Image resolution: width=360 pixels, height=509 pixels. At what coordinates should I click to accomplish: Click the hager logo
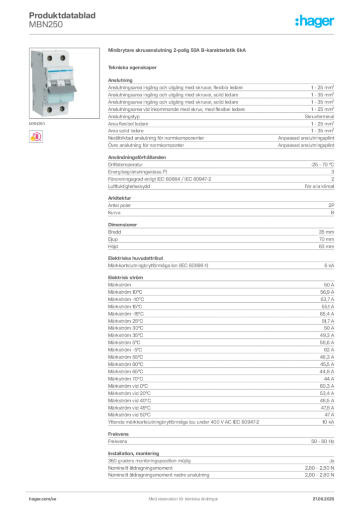314,21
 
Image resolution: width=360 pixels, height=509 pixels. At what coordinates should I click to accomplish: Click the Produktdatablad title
62,15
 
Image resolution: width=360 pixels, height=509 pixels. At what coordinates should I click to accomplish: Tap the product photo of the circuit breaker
64,83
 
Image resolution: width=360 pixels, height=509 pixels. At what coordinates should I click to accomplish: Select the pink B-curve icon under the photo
36,137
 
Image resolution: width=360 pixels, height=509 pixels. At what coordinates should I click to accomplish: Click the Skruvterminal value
319,116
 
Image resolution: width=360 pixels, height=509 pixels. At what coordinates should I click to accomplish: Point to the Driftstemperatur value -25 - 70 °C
322,165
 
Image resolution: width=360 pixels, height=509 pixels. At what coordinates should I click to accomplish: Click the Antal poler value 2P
331,205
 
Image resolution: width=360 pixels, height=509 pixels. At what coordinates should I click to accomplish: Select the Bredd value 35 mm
326,232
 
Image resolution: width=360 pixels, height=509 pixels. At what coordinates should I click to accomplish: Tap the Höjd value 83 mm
326,247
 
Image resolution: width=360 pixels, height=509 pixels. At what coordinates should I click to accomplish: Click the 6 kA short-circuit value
329,265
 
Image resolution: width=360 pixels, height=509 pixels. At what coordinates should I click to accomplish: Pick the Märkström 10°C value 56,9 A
327,292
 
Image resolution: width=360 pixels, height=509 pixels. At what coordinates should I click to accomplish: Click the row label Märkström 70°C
125,378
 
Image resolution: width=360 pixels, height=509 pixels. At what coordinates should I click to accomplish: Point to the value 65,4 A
327,314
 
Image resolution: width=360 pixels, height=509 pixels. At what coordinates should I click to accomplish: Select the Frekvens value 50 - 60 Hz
322,441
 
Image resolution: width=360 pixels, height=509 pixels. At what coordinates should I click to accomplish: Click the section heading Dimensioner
122,224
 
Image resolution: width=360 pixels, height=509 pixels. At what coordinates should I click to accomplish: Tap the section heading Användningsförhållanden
137,157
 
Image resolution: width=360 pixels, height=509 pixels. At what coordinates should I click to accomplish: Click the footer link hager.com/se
43,499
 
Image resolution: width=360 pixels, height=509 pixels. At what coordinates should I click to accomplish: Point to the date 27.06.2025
323,499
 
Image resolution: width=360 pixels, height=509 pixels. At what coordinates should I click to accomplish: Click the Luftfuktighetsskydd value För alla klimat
319,186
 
